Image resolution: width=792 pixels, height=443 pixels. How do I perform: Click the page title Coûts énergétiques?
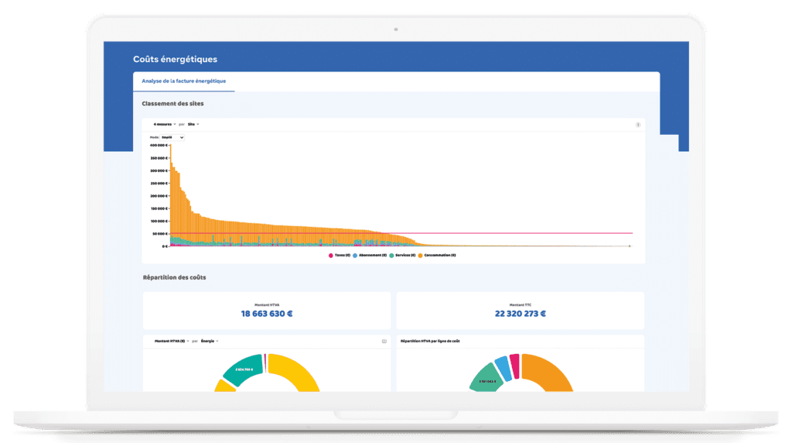pos(175,59)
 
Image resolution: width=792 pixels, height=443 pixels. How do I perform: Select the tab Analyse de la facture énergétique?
pos(183,81)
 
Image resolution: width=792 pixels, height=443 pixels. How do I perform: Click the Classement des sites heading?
pos(172,103)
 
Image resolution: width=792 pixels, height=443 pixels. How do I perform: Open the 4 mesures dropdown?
pos(165,124)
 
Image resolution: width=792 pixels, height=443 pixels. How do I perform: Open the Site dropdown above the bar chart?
pos(193,124)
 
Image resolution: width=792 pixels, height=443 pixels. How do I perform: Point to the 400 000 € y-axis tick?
pos(158,145)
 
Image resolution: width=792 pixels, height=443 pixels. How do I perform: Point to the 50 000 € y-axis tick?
pos(159,233)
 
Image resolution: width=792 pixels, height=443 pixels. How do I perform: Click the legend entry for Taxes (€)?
pos(340,255)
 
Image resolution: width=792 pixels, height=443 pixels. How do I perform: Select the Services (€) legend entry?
pos(402,255)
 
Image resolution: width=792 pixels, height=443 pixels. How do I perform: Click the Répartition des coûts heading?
pos(175,277)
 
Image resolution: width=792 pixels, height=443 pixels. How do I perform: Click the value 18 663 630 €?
pos(266,314)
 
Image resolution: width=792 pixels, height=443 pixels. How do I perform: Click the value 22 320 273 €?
pos(520,314)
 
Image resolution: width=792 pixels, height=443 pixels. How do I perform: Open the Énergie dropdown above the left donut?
pos(210,341)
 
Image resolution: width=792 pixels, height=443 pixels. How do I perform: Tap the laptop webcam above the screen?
pos(396,29)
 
